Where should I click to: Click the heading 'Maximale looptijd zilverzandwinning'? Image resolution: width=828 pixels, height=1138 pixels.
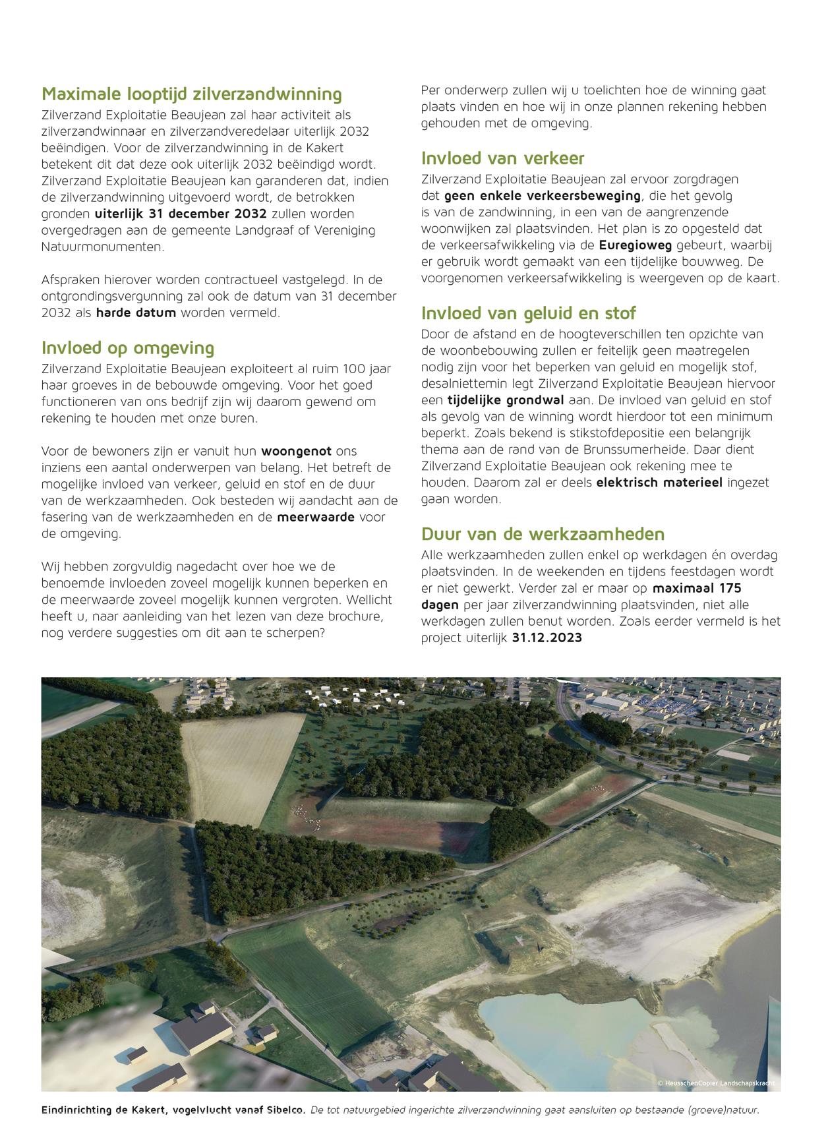[192, 94]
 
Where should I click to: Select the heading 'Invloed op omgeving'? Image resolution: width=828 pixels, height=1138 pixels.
[128, 347]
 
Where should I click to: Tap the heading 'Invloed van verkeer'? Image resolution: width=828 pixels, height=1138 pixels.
[502, 158]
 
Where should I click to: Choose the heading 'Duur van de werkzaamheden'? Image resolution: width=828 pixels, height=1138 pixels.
[543, 533]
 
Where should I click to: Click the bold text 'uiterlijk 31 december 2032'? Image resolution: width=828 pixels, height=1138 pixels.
[181, 214]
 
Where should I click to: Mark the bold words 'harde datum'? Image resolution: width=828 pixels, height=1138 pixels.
[136, 313]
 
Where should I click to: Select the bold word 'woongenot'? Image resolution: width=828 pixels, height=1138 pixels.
[297, 452]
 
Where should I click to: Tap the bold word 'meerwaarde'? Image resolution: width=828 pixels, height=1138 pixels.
[316, 517]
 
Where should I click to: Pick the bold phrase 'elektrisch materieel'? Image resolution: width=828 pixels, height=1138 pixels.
[659, 483]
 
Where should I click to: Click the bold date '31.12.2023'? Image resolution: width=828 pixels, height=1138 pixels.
[547, 638]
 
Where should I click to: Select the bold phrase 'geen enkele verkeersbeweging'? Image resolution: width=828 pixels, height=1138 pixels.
[542, 196]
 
